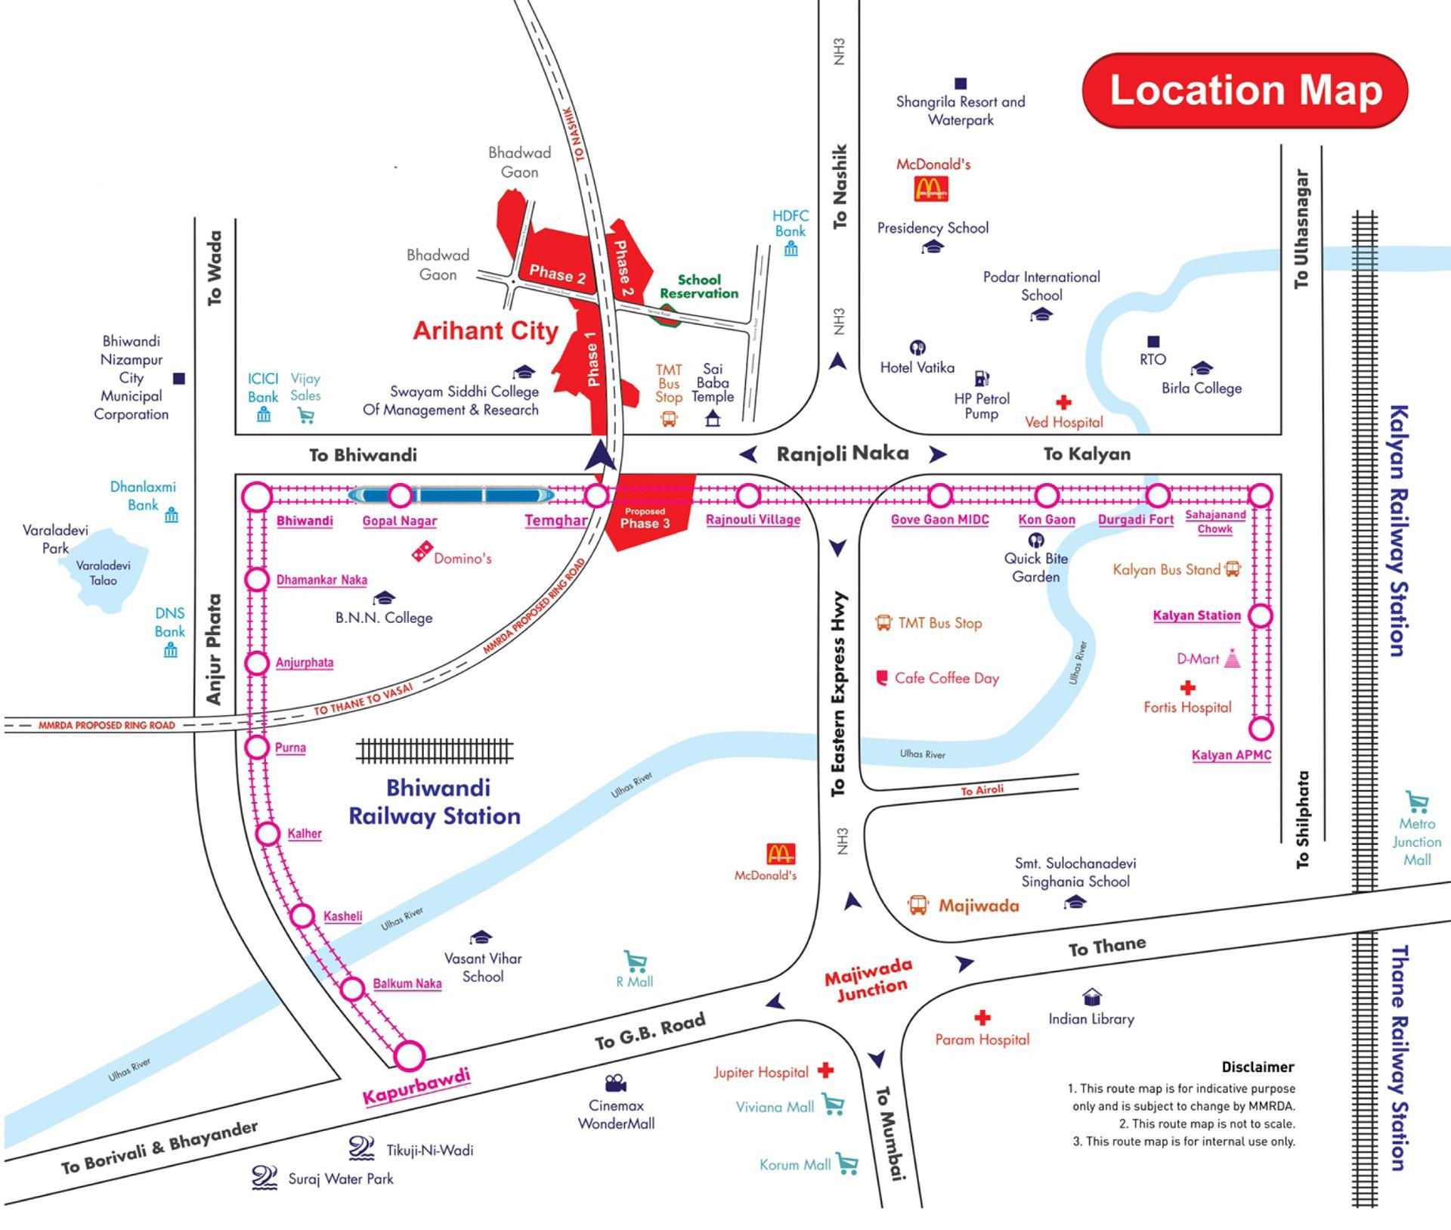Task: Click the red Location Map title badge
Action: [x=1245, y=91]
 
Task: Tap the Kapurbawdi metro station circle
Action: [x=410, y=1055]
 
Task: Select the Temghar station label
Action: [x=555, y=520]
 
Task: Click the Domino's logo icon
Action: [x=422, y=551]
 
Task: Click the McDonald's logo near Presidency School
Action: [x=931, y=189]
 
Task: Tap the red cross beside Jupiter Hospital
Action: [x=826, y=1070]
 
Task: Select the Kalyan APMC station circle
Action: [x=1261, y=729]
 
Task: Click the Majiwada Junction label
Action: [x=869, y=979]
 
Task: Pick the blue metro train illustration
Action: [x=451, y=496]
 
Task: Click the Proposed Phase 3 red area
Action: [x=648, y=514]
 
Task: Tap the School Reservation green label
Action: [x=699, y=287]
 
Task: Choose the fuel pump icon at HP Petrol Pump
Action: [x=982, y=378]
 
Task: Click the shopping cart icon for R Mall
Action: [x=636, y=962]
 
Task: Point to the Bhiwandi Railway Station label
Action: [x=435, y=802]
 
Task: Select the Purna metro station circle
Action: [x=257, y=747]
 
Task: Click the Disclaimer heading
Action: [x=1258, y=1067]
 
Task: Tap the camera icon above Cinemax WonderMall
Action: [x=616, y=1083]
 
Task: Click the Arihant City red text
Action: [x=485, y=330]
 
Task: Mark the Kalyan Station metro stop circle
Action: [x=1260, y=616]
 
